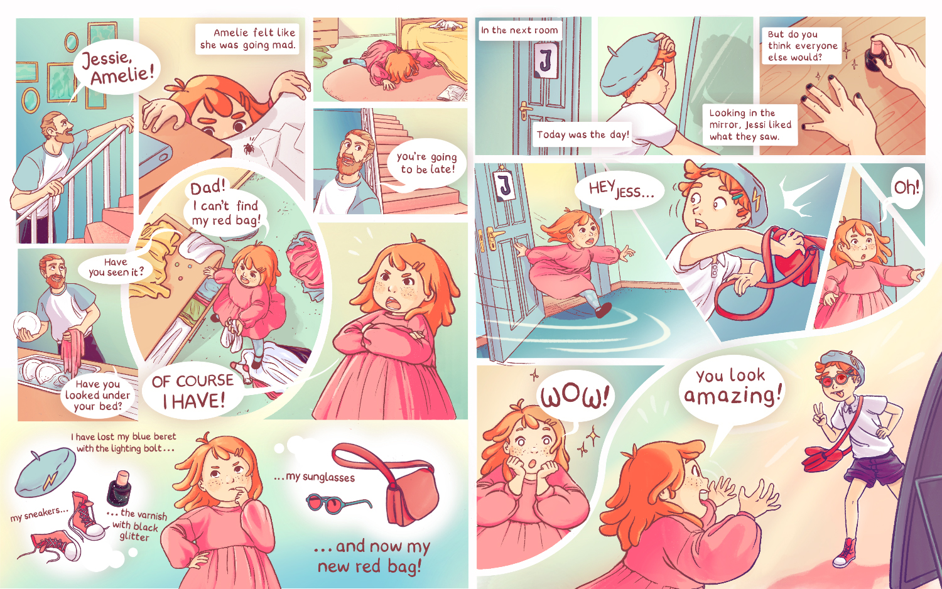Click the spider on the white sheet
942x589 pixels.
click(249, 147)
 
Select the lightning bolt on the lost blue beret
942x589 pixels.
click(51, 481)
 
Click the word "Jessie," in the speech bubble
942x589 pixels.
click(106, 58)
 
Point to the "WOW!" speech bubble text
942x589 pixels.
click(575, 397)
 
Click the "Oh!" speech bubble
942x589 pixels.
click(906, 188)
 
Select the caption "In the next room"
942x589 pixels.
click(520, 30)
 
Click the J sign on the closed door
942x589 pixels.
click(546, 60)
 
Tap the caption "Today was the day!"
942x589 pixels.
click(582, 134)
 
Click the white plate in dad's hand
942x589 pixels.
click(28, 325)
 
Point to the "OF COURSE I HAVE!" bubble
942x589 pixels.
click(193, 391)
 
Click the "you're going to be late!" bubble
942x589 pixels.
click(427, 163)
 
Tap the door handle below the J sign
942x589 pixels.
click(525, 109)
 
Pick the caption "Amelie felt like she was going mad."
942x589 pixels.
click(247, 39)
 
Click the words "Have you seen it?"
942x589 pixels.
click(116, 267)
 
